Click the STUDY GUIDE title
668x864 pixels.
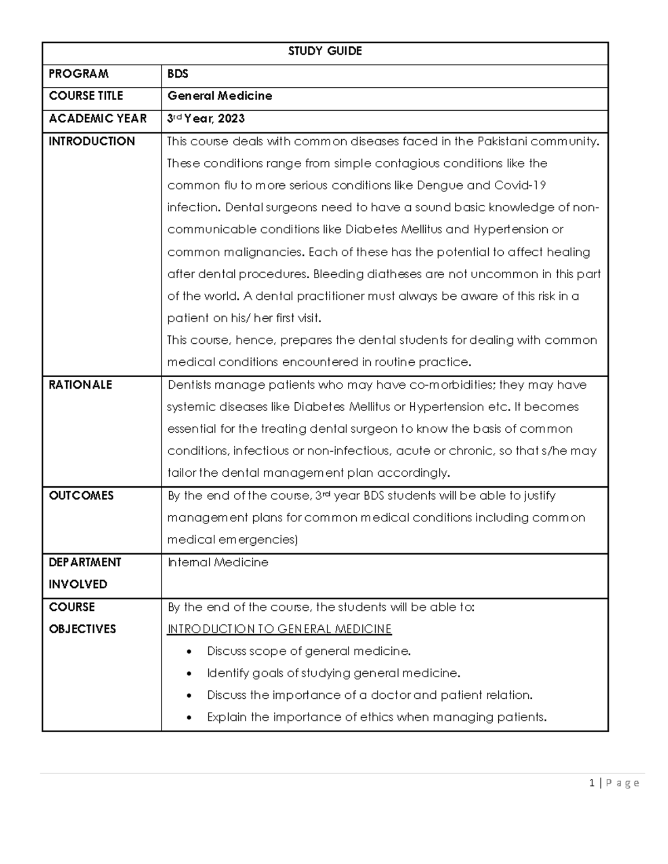tap(325, 51)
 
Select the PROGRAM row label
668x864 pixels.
tap(78, 74)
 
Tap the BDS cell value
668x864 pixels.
tap(178, 74)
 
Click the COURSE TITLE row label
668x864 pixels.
tap(86, 96)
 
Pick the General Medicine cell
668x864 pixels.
tap(219, 96)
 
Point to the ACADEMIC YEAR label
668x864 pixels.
tap(97, 119)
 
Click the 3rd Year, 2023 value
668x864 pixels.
tap(205, 119)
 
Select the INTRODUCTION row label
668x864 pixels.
tap(91, 141)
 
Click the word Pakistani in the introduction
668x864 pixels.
tap(502, 141)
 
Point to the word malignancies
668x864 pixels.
tap(264, 252)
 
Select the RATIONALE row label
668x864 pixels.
tap(80, 385)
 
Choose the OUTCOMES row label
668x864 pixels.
tap(81, 496)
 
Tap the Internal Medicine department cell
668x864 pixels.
tap(218, 562)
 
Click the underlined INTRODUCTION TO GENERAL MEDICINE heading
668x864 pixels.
tap(279, 629)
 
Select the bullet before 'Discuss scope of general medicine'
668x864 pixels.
tap(190, 651)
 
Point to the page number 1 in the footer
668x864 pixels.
tap(592, 783)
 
